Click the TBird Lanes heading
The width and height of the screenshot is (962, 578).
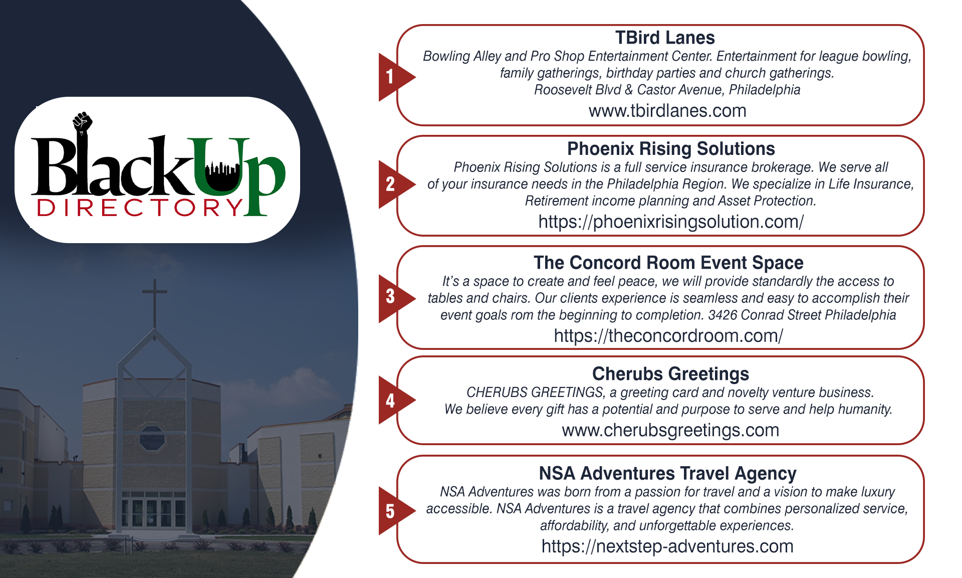pyautogui.click(x=665, y=38)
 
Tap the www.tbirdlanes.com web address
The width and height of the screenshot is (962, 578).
pyautogui.click(x=667, y=111)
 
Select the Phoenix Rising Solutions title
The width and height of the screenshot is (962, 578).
pyautogui.click(x=671, y=149)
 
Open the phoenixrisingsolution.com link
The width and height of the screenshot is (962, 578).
pyautogui.click(x=671, y=222)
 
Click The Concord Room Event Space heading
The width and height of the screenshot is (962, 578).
pyautogui.click(x=668, y=263)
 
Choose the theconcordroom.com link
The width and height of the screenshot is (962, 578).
pyautogui.click(x=668, y=336)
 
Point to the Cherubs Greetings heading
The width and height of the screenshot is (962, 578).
pyautogui.click(x=670, y=374)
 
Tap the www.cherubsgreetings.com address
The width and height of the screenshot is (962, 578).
pyautogui.click(x=670, y=430)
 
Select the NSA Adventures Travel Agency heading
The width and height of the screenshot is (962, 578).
pyautogui.click(x=667, y=473)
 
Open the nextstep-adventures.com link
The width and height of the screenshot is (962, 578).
pyautogui.click(x=667, y=546)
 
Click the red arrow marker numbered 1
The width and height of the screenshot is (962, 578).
pyautogui.click(x=393, y=77)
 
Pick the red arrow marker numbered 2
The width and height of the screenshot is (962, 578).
pyautogui.click(x=393, y=184)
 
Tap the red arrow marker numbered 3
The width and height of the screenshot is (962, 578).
pyautogui.click(x=393, y=297)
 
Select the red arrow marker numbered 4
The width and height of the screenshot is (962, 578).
pyautogui.click(x=393, y=400)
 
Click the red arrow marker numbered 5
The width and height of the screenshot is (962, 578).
pyautogui.click(x=393, y=511)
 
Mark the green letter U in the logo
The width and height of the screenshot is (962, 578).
pyautogui.click(x=220, y=165)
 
